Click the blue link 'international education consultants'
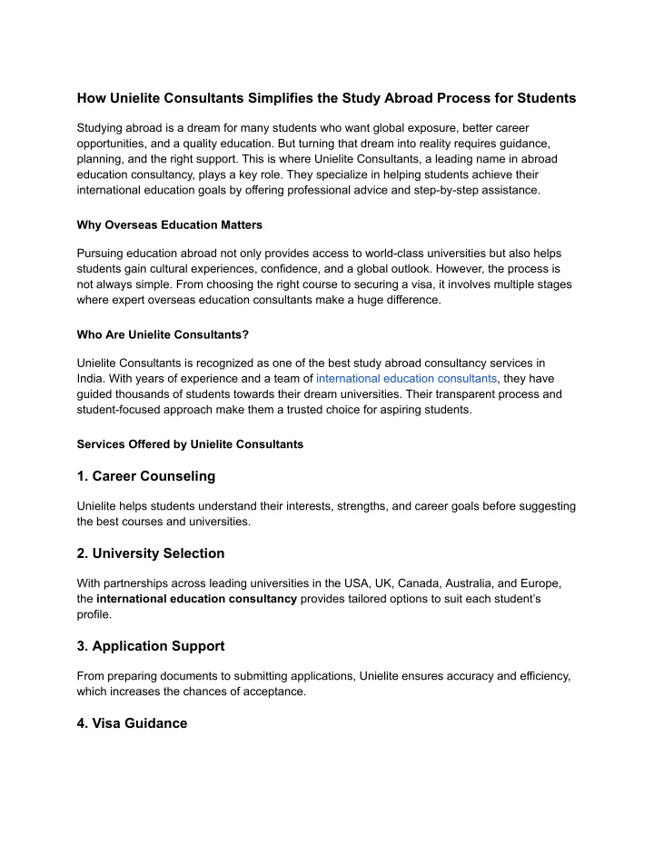(406, 378)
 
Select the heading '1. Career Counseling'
(146, 475)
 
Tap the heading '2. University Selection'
(151, 552)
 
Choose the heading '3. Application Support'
(151, 645)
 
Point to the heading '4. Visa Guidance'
(133, 723)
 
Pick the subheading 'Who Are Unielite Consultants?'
(163, 333)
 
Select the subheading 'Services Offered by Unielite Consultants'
(190, 444)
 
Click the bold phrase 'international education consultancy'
(196, 599)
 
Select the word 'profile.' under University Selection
(94, 614)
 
